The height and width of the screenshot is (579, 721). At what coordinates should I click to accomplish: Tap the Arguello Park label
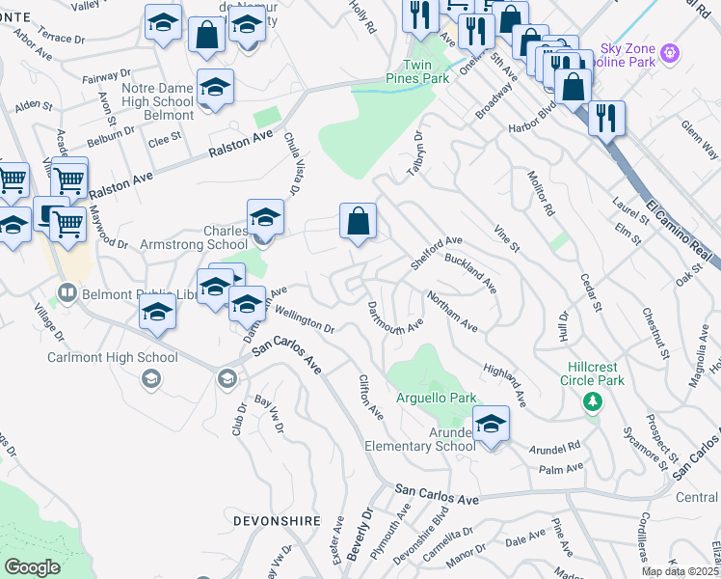tap(437, 398)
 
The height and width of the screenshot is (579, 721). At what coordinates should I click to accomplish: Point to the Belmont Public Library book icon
tap(67, 290)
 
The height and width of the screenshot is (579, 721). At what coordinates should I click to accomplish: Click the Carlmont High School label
tap(113, 358)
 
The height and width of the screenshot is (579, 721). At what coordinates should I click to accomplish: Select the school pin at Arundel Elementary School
tap(491, 424)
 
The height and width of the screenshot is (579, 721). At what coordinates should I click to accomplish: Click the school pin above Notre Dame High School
tap(215, 88)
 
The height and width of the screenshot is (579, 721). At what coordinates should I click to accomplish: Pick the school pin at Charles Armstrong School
tap(265, 218)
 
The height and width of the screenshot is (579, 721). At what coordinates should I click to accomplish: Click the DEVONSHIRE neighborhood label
tap(277, 520)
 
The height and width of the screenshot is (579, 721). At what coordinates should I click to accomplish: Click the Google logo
tap(33, 567)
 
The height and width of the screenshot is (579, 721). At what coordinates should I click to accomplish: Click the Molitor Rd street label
tap(542, 196)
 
